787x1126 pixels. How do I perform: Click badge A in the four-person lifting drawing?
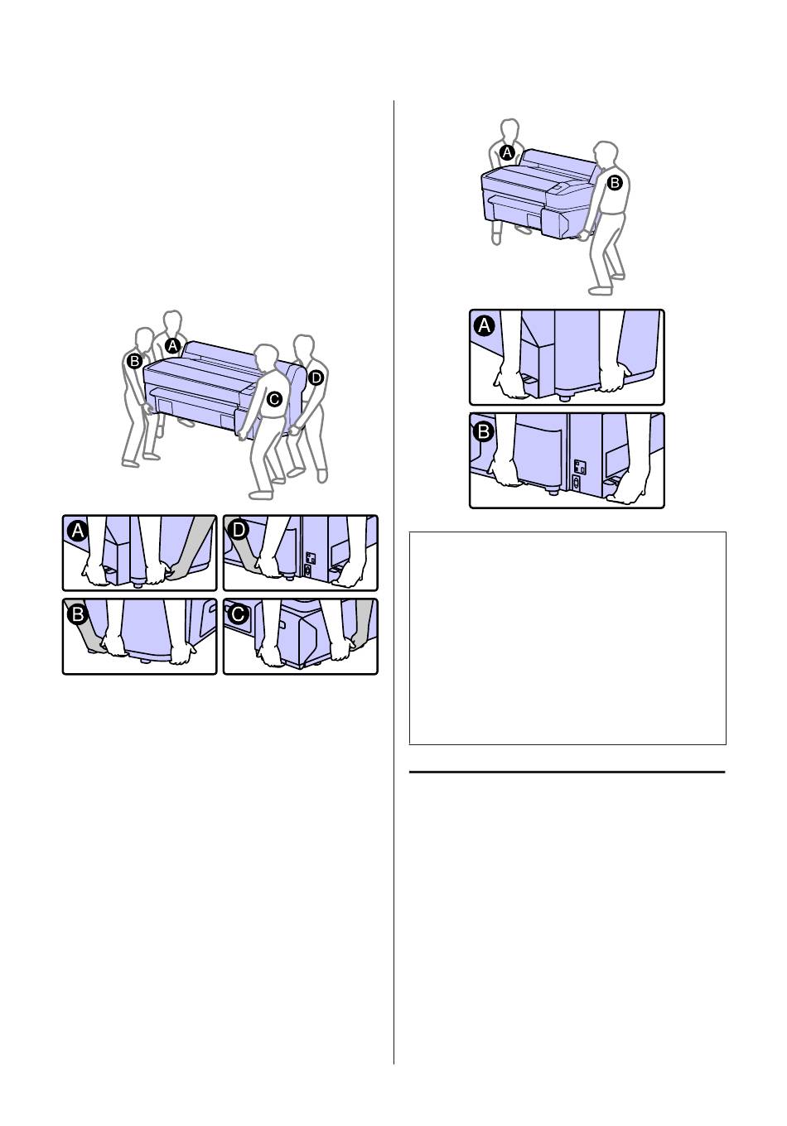172,346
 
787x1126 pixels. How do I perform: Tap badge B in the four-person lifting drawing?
134,361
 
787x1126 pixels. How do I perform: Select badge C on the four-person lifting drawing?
274,399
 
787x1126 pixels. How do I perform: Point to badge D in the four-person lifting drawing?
316,378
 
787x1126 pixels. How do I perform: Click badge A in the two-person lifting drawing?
507,152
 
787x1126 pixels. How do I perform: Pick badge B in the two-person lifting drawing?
615,183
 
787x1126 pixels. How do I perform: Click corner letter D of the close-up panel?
238,530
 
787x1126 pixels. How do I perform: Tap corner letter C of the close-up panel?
238,614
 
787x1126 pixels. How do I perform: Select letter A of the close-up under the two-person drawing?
485,325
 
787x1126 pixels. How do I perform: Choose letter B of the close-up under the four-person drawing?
78,614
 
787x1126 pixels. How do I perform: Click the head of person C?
266,357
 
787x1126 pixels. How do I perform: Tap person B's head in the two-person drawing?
605,153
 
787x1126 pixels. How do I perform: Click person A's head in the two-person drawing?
510,131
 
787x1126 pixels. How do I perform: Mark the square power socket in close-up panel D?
311,557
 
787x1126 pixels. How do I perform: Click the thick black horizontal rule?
567,772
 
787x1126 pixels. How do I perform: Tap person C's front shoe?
261,494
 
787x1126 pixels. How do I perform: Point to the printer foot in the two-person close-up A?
566,397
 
